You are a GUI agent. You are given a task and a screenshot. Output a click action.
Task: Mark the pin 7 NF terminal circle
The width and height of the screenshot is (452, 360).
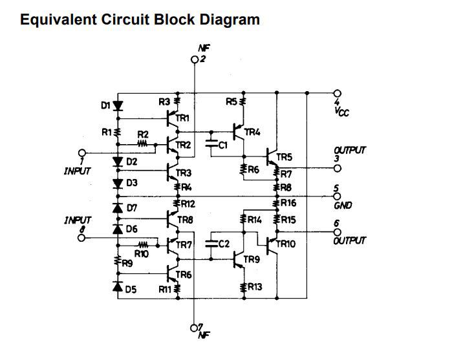pyautogui.click(x=195, y=326)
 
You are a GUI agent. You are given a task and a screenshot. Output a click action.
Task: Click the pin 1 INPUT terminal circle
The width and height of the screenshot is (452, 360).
pyautogui.click(x=81, y=153)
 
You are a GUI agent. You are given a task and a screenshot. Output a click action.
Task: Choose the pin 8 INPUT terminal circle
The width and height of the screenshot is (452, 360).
pyautogui.click(x=81, y=238)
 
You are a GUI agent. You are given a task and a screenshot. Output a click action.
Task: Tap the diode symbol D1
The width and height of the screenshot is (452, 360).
pyautogui.click(x=118, y=106)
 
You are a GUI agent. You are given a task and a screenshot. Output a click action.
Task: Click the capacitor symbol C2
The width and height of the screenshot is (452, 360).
pyautogui.click(x=211, y=244)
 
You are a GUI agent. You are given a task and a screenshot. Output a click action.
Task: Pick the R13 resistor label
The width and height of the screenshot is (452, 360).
pyautogui.click(x=253, y=287)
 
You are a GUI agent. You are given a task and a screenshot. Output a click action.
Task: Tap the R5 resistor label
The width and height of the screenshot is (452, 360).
pyautogui.click(x=231, y=101)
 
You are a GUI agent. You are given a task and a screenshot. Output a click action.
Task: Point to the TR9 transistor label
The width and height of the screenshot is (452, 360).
pyautogui.click(x=251, y=260)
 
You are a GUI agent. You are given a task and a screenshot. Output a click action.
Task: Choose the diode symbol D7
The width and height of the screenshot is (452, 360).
pyautogui.click(x=118, y=208)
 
